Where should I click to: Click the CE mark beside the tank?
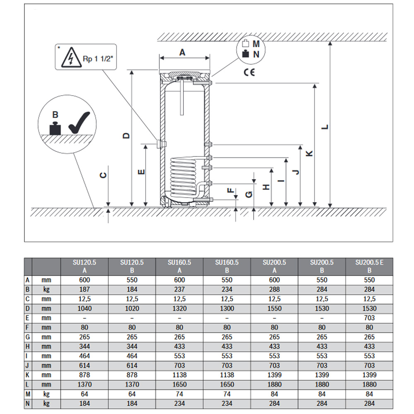[x=249, y=72]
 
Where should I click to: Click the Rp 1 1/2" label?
[x=98, y=59]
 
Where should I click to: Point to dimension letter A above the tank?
[x=182, y=52]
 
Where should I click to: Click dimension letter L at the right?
[x=325, y=127]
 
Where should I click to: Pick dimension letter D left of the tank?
[x=127, y=135]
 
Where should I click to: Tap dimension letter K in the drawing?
[x=309, y=153]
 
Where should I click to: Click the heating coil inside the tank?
[x=182, y=176]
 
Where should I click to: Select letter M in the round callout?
[x=256, y=43]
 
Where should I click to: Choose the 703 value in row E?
[x=369, y=318]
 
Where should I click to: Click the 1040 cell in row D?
[x=84, y=308]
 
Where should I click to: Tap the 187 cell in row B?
[x=84, y=289]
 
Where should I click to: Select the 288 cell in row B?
[x=274, y=289]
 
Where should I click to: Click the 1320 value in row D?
[x=179, y=308]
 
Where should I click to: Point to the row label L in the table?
[x=28, y=385]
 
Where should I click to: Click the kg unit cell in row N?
[x=46, y=403]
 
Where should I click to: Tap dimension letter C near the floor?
[x=104, y=175]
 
